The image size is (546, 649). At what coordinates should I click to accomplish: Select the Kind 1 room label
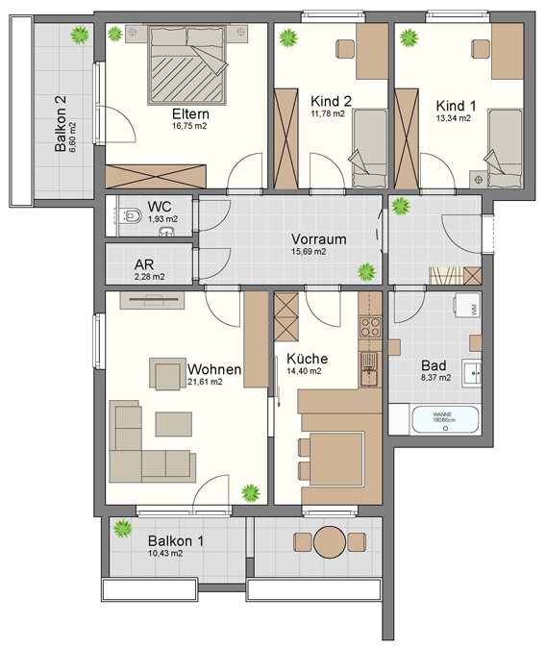(455, 106)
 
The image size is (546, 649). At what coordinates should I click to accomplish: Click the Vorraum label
(318, 239)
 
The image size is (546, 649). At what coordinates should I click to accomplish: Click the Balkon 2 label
(61, 124)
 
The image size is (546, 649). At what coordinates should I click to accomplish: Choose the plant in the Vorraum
(363, 271)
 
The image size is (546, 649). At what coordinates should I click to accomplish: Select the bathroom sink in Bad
(473, 372)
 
